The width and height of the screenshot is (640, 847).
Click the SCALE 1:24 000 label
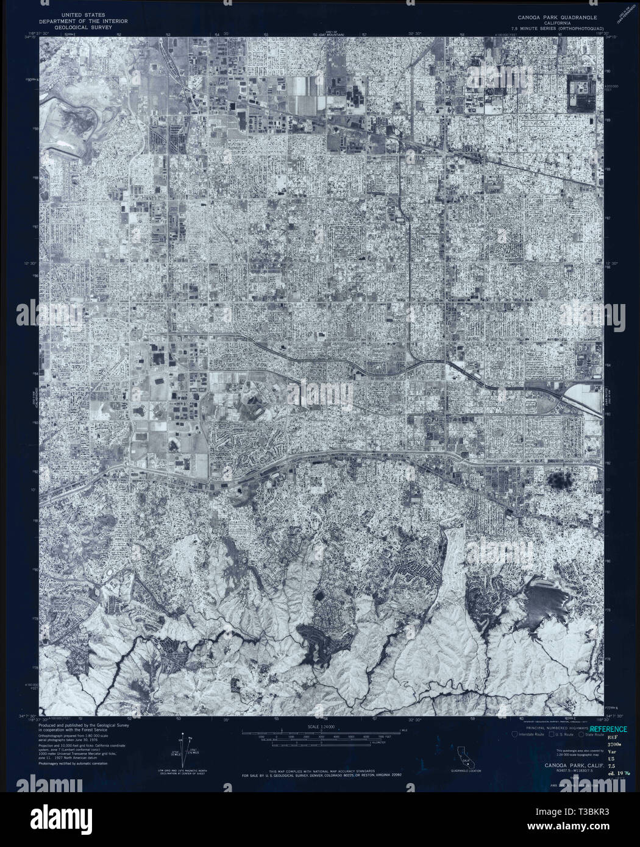(322, 726)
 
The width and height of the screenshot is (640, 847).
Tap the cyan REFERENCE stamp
(608, 729)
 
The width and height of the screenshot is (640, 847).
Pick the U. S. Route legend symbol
(550, 734)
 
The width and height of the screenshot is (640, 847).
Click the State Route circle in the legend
(581, 734)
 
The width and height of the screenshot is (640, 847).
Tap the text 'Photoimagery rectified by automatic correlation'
(69, 763)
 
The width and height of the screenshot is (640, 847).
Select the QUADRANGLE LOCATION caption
(466, 771)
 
